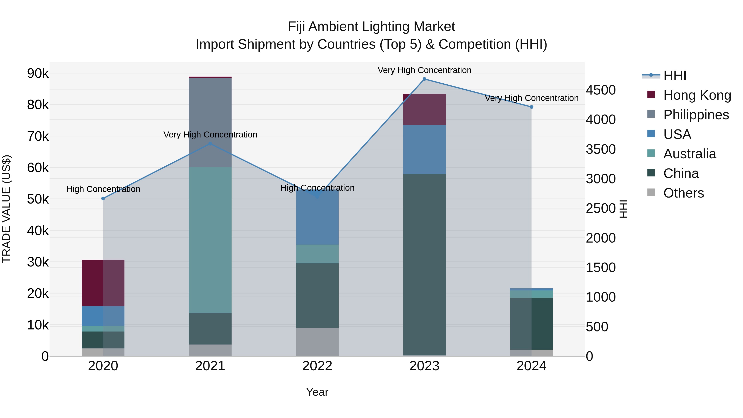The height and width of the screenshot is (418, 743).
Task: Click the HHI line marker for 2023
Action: click(424, 79)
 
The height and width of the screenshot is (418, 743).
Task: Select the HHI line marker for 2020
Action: click(103, 198)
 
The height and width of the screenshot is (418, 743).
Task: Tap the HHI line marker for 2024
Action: click(532, 107)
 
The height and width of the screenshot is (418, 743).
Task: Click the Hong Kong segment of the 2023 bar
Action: click(424, 109)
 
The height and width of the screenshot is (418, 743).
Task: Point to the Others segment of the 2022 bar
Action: click(317, 342)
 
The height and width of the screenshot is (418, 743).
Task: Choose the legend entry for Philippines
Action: click(696, 115)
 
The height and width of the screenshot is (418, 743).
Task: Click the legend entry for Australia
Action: click(689, 154)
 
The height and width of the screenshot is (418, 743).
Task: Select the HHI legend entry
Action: click(674, 76)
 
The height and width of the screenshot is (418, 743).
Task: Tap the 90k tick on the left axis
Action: click(38, 73)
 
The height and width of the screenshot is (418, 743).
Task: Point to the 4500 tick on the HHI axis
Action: click(601, 90)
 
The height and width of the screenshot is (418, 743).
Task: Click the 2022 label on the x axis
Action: click(317, 366)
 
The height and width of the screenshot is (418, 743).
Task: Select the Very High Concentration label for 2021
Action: click(210, 135)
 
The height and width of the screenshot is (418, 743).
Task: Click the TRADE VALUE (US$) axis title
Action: click(6, 209)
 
